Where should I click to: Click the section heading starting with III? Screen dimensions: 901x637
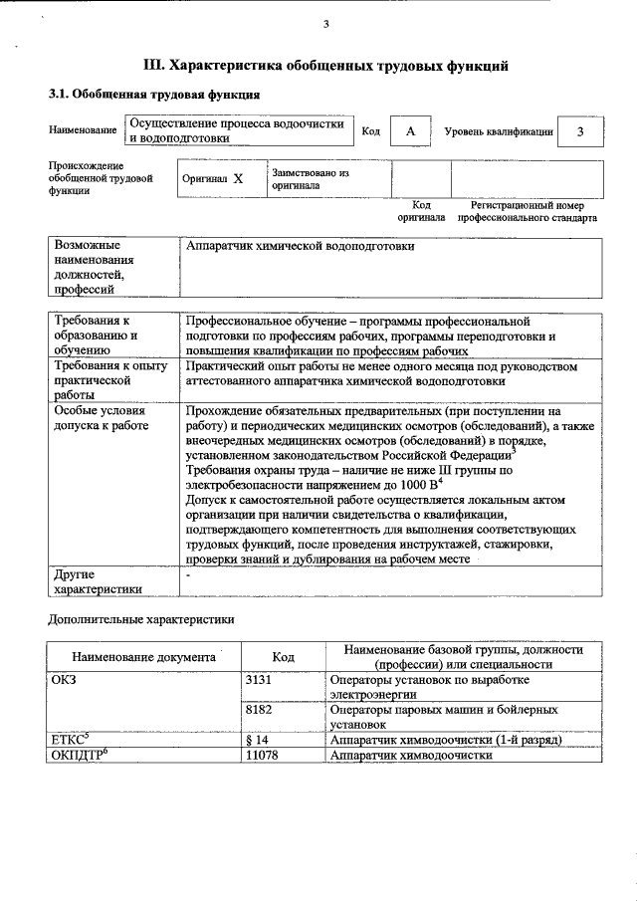pos(327,66)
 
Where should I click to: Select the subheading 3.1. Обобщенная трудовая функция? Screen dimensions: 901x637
pos(154,96)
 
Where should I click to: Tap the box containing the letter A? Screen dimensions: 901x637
pos(410,131)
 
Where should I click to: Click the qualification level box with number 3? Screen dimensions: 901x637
pos(580,131)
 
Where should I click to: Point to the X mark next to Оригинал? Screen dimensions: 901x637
pos(238,179)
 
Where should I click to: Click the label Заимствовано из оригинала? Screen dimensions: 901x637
pos(311,178)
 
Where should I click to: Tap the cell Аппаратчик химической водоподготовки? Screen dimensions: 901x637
pos(301,245)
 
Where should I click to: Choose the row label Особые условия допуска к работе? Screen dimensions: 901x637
pos(100,417)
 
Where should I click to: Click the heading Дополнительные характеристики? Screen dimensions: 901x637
pos(141,619)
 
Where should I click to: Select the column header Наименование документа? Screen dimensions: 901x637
pos(143,657)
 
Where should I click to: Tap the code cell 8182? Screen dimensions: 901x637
pos(259,710)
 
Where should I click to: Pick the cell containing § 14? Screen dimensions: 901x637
pos(257,740)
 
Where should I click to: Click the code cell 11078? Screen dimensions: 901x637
pos(261,756)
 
